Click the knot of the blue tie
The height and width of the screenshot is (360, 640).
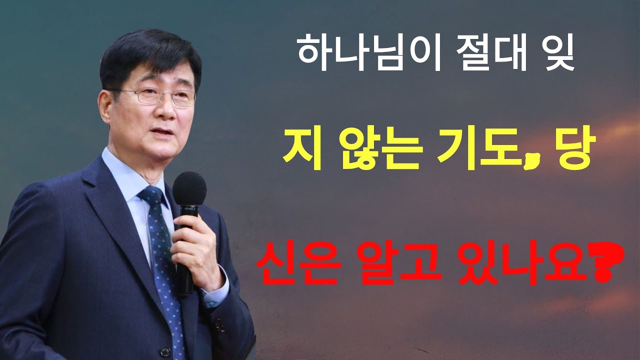[x=152, y=196]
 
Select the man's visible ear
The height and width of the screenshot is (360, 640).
[x=105, y=105]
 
